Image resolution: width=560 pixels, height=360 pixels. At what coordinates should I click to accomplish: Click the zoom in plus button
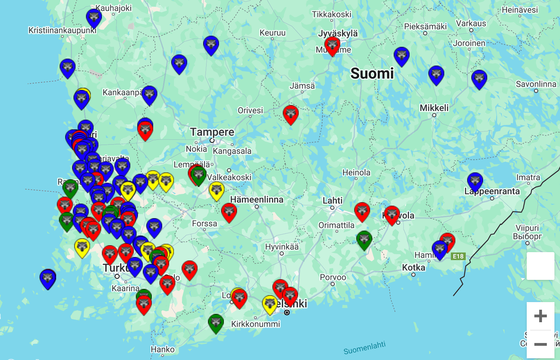click(540, 316)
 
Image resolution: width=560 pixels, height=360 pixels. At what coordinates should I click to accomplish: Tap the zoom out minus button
click(540, 344)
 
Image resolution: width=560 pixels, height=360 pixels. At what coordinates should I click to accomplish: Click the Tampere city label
click(212, 132)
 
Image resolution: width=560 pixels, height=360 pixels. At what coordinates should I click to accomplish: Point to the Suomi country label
click(372, 74)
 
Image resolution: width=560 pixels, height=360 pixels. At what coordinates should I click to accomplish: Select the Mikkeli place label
click(434, 108)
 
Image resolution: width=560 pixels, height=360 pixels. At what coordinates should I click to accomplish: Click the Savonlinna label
click(536, 84)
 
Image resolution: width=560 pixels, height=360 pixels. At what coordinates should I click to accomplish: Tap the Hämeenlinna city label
click(257, 199)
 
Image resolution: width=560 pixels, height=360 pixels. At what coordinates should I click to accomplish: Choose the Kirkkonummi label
click(256, 324)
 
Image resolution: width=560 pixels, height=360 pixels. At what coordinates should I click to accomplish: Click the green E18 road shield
click(458, 256)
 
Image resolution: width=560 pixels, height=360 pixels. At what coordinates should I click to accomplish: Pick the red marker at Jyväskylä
click(332, 45)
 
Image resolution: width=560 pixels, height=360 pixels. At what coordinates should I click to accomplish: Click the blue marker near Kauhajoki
click(94, 17)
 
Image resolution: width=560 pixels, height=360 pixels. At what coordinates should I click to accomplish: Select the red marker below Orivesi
click(291, 114)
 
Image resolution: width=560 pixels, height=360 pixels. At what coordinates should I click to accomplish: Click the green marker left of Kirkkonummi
click(216, 323)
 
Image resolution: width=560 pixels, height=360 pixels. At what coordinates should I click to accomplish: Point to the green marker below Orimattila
click(364, 239)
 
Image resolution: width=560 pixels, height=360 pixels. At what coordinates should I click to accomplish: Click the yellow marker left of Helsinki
click(270, 304)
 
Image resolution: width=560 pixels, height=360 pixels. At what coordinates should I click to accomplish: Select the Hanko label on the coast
click(163, 349)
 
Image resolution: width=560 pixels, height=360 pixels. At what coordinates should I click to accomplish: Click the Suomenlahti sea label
click(364, 348)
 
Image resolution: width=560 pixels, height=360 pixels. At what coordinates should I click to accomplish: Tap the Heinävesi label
click(520, 10)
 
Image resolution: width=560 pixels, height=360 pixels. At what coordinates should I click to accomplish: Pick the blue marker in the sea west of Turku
click(48, 278)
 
